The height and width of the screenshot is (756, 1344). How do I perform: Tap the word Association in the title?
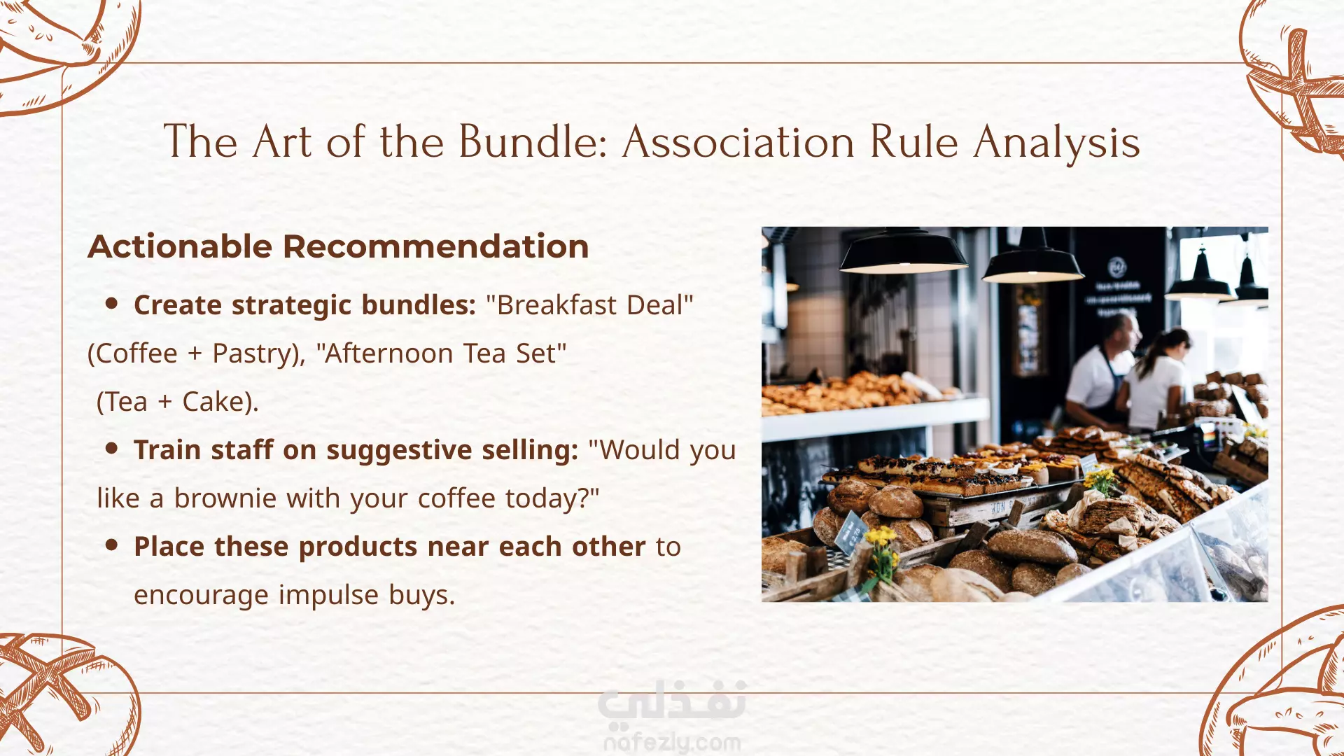point(738,141)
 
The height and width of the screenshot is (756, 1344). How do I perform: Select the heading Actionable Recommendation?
point(338,246)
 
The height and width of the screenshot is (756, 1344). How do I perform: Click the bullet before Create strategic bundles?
point(111,304)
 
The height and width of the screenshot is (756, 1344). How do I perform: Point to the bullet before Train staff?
point(111,449)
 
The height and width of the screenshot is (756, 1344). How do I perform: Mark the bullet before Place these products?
point(111,545)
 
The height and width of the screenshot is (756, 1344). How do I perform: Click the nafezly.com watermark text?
point(672,742)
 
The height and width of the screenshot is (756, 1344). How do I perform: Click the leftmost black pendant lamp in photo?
point(903,252)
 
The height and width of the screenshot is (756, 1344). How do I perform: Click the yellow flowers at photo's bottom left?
point(881,553)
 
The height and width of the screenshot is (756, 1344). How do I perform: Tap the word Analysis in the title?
point(1057,143)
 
